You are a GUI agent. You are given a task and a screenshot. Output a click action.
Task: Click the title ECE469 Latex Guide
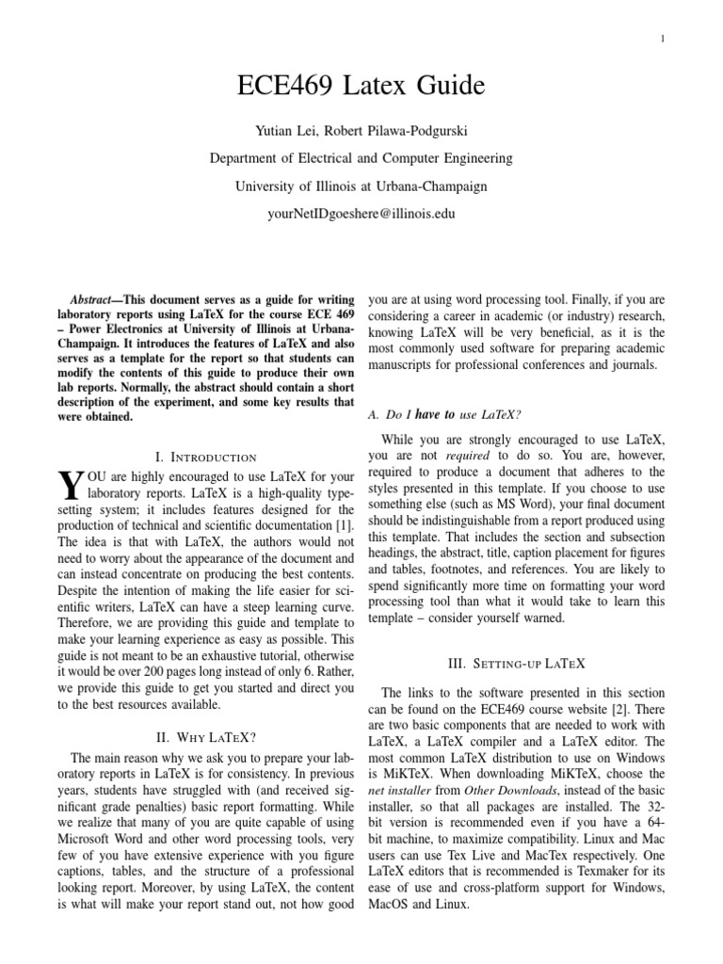(x=361, y=88)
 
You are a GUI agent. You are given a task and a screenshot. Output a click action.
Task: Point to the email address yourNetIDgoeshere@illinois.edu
(x=361, y=214)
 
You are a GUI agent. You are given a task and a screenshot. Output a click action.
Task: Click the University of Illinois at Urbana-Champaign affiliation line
(x=361, y=186)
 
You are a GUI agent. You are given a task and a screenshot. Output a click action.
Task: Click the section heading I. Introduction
(x=205, y=456)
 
